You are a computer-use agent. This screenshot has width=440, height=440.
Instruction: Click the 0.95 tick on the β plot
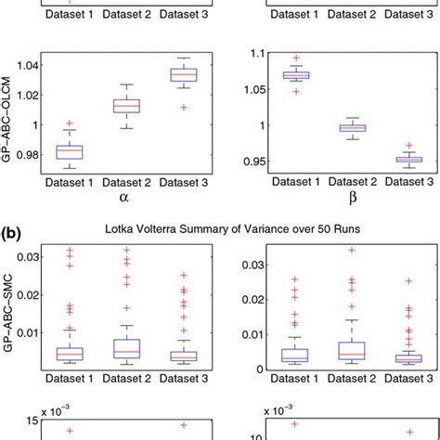(x=243, y=161)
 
